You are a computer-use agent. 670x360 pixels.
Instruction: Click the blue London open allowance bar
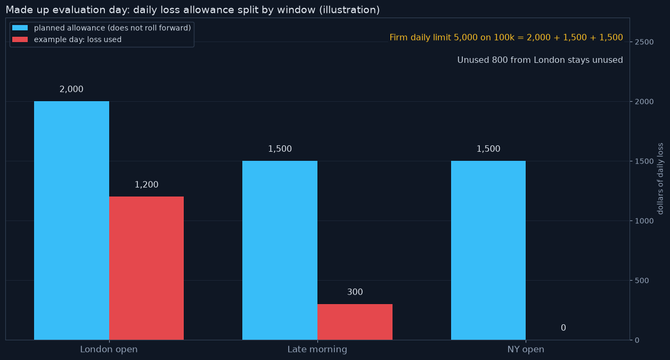(x=71, y=220)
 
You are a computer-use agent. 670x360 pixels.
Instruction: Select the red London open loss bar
(x=146, y=268)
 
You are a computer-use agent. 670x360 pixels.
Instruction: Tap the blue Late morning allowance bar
(x=280, y=250)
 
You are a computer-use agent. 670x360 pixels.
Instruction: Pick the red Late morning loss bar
(x=355, y=322)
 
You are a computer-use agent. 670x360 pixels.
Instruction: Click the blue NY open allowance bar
(x=488, y=250)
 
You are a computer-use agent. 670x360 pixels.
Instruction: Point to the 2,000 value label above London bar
(x=71, y=89)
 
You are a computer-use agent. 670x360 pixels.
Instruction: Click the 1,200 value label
(x=146, y=184)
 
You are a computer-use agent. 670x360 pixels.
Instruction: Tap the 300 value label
(x=355, y=292)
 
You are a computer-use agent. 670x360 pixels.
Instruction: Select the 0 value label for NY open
(x=563, y=328)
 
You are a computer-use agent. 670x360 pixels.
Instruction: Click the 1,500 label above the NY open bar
(x=488, y=149)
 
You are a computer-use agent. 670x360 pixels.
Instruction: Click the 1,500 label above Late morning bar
(x=280, y=149)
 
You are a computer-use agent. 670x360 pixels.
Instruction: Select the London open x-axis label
(x=109, y=349)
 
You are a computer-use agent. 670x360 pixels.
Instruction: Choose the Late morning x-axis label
(x=317, y=349)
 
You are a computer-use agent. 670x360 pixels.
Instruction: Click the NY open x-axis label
(x=526, y=349)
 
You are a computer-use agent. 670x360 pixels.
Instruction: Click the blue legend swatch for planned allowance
(x=20, y=28)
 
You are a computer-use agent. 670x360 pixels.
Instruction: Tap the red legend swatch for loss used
(x=20, y=39)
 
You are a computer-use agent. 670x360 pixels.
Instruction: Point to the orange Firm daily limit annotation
(x=506, y=38)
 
